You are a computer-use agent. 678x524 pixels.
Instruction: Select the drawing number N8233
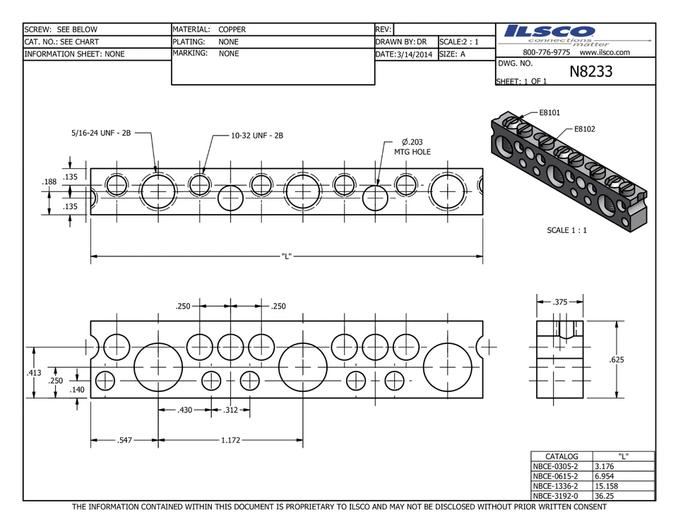(x=591, y=71)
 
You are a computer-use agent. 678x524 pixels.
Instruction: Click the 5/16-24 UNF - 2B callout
(x=101, y=132)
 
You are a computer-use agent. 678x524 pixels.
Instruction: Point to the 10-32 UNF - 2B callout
(x=257, y=135)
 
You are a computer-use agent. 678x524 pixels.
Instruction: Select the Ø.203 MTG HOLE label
(x=412, y=146)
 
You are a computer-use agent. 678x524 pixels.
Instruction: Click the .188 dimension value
(x=49, y=182)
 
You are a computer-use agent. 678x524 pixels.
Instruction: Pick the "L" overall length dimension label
(x=286, y=256)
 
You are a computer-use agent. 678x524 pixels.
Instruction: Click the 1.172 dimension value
(x=231, y=441)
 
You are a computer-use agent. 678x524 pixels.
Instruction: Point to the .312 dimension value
(x=231, y=410)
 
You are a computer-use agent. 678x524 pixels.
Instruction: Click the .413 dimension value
(x=33, y=371)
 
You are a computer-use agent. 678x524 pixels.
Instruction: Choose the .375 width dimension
(x=560, y=302)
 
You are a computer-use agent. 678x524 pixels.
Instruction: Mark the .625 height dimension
(x=617, y=360)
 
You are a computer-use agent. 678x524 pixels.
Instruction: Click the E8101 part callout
(x=549, y=112)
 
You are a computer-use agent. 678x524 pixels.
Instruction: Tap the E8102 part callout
(x=584, y=129)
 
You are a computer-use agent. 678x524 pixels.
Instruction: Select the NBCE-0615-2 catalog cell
(x=555, y=476)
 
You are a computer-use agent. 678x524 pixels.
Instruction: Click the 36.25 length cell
(x=605, y=496)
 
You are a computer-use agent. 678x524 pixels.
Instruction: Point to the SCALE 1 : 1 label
(x=567, y=230)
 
